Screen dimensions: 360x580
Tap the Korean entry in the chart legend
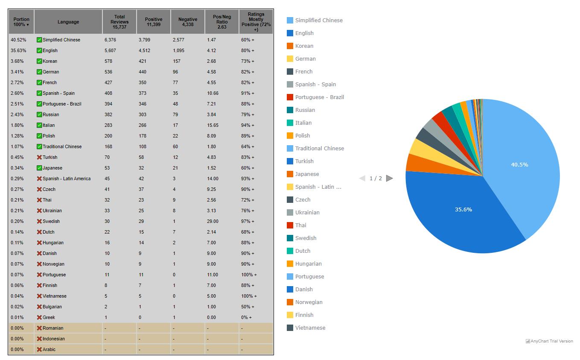click(304, 46)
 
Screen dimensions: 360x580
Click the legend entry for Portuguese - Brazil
click(319, 97)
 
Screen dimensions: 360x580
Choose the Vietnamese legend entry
click(310, 328)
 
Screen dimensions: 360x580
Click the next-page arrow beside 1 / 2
click(389, 179)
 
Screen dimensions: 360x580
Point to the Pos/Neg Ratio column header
click(222, 22)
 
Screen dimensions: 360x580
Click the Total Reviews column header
click(119, 22)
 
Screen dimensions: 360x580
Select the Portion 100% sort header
click(21, 22)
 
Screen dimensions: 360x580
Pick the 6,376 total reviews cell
click(110, 40)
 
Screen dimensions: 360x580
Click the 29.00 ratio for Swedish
click(213, 221)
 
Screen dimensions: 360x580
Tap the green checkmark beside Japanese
click(39, 168)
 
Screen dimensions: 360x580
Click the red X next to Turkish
click(39, 157)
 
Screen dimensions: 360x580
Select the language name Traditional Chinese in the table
click(62, 146)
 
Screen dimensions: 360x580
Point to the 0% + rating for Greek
click(246, 317)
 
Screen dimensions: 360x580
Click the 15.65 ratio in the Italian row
click(213, 125)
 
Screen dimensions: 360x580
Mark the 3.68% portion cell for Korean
click(18, 61)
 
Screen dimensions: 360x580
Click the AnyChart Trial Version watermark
click(549, 341)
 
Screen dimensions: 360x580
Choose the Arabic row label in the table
click(49, 349)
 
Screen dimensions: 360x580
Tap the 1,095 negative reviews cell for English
click(179, 50)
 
